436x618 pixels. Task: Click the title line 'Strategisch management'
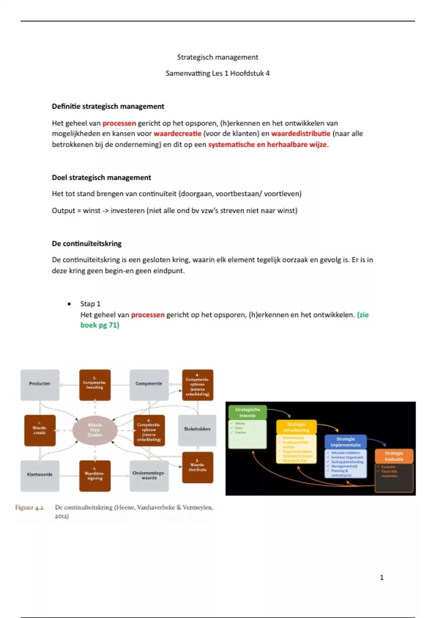(x=217, y=57)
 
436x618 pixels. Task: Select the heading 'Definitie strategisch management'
(x=108, y=107)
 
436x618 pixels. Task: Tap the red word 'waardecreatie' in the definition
(x=177, y=133)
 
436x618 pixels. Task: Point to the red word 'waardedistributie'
(x=300, y=133)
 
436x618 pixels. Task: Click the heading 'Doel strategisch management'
(x=101, y=178)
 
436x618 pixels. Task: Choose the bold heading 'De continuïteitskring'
(x=87, y=244)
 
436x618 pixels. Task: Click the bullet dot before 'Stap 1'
(x=69, y=304)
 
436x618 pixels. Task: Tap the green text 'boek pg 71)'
(x=100, y=325)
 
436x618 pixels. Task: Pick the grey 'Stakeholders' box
(x=197, y=429)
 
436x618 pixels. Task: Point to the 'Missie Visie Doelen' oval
(x=95, y=430)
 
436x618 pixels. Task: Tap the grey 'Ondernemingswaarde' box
(x=149, y=475)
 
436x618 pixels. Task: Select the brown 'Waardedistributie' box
(x=197, y=467)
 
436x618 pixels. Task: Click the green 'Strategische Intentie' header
(x=247, y=412)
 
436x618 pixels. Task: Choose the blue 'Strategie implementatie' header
(x=345, y=442)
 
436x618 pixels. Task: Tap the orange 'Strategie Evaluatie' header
(x=394, y=456)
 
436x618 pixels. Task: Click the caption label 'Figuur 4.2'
(x=29, y=507)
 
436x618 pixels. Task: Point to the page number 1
(x=381, y=577)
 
